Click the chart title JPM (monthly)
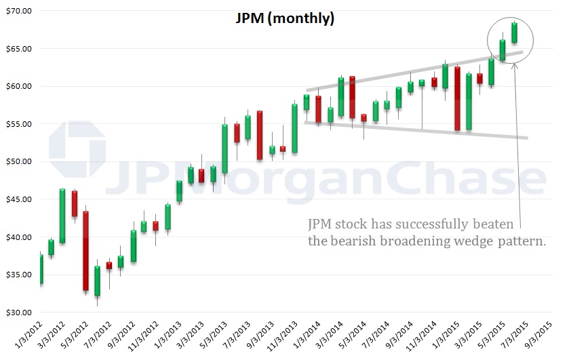point(285,18)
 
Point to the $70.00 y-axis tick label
point(20,12)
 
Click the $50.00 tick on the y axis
point(20,162)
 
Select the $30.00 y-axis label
point(20,313)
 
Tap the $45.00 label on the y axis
point(20,199)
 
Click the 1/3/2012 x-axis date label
point(28,337)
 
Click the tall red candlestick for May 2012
point(85,251)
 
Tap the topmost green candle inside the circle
point(514,33)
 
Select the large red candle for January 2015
point(457,98)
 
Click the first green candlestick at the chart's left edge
point(41,269)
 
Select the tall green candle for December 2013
point(294,128)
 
